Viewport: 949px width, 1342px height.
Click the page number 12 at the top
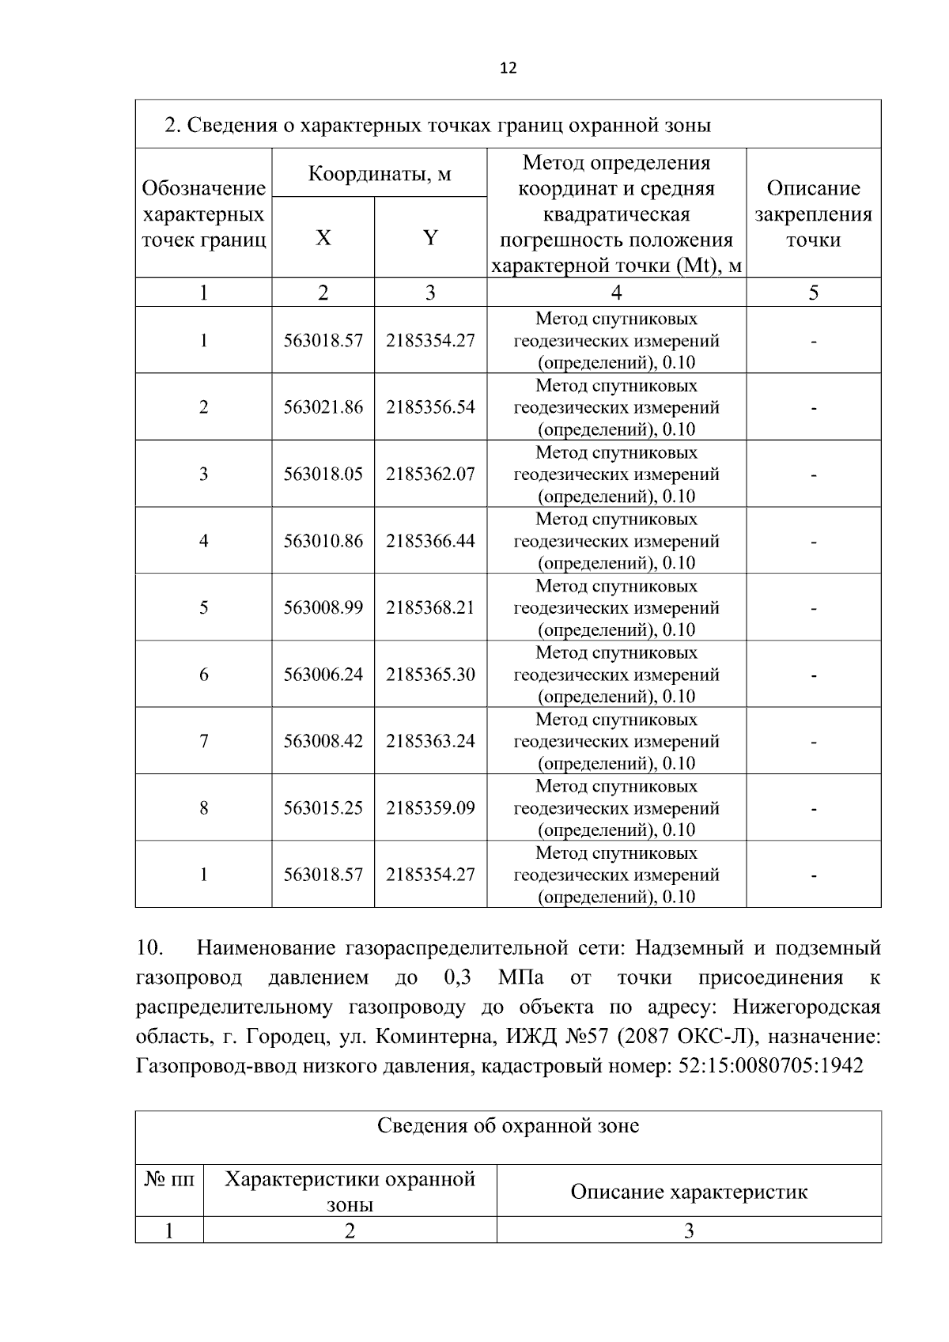pyautogui.click(x=509, y=69)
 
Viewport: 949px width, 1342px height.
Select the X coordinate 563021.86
pyautogui.click(x=323, y=407)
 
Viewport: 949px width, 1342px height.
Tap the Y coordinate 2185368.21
pyautogui.click(x=430, y=607)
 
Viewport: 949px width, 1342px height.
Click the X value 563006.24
pyautogui.click(x=323, y=675)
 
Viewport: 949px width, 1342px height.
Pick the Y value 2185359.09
pyautogui.click(x=430, y=808)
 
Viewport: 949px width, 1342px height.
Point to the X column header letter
pyautogui.click(x=323, y=238)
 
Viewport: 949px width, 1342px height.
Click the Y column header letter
pyautogui.click(x=430, y=238)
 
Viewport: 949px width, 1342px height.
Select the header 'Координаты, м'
pyautogui.click(x=379, y=173)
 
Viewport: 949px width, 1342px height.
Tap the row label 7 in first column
pyautogui.click(x=204, y=741)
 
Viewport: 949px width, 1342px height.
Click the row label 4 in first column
pyautogui.click(x=204, y=541)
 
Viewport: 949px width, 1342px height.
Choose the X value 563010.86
pyautogui.click(x=323, y=541)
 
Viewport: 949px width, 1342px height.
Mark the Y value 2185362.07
pyautogui.click(x=430, y=474)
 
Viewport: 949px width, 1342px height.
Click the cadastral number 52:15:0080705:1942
pyautogui.click(x=770, y=1066)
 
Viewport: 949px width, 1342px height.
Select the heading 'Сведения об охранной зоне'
pyautogui.click(x=508, y=1125)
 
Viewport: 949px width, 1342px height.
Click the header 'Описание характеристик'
pyautogui.click(x=689, y=1192)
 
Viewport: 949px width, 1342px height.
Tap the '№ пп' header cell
pyautogui.click(x=169, y=1180)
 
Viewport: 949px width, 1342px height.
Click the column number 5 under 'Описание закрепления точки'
pyautogui.click(x=813, y=293)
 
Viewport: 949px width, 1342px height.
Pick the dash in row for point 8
pyautogui.click(x=813, y=809)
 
